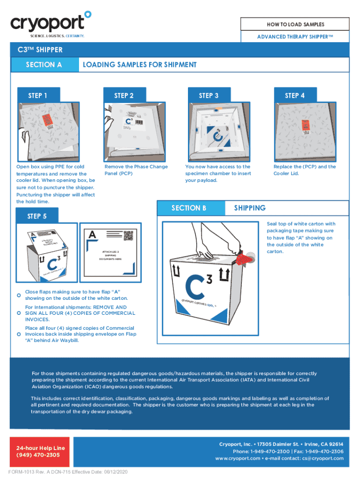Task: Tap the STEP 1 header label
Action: pyautogui.click(x=37, y=95)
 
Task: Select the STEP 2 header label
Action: pyautogui.click(x=124, y=95)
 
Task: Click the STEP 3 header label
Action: pyautogui.click(x=209, y=95)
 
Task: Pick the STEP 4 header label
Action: pyautogui.click(x=295, y=95)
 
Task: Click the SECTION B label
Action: pyautogui.click(x=189, y=208)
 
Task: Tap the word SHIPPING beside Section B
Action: pyautogui.click(x=250, y=208)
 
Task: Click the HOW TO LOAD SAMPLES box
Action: pyautogui.click(x=295, y=24)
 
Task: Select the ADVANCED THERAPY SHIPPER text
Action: pyautogui.click(x=295, y=36)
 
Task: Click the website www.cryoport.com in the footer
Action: pyautogui.click(x=238, y=458)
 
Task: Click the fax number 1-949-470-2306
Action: pyautogui.click(x=324, y=451)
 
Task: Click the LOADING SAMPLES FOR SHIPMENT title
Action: pyautogui.click(x=139, y=65)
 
